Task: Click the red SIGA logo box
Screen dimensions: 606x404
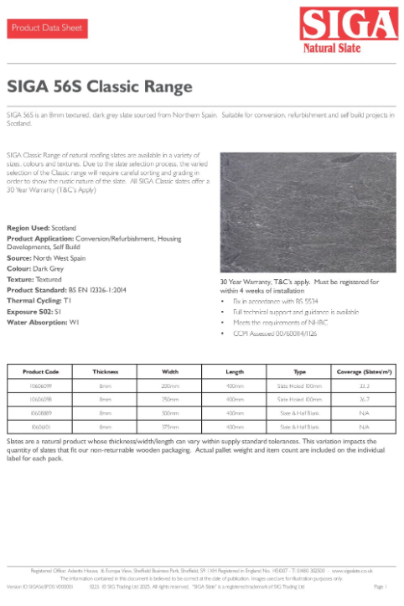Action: point(350,28)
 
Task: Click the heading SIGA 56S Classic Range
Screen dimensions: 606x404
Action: point(100,86)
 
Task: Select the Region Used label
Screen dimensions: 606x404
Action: point(28,228)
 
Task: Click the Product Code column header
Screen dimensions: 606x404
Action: point(40,371)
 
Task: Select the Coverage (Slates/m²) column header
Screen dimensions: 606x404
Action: point(365,371)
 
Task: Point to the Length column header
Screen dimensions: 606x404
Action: point(235,371)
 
